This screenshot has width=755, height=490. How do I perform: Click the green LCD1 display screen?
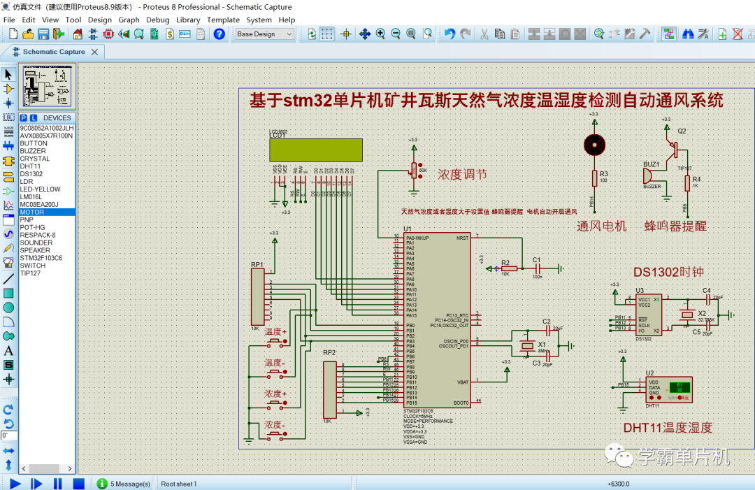tap(315, 150)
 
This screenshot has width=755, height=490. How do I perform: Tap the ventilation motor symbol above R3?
tap(594, 145)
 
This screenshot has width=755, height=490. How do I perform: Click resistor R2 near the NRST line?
tap(510, 268)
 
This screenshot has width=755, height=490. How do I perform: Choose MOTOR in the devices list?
tap(32, 212)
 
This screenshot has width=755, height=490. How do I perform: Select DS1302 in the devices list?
tap(31, 174)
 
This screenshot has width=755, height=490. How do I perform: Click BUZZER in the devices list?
tap(33, 151)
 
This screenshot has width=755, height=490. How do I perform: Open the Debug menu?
tap(157, 20)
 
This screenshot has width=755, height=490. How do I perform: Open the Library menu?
tap(188, 20)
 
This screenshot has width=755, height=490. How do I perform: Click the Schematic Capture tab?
tap(53, 52)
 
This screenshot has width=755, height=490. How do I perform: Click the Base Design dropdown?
tap(264, 34)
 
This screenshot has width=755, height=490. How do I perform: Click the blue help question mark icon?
tap(220, 34)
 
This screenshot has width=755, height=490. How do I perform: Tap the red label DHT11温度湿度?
tap(668, 428)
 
